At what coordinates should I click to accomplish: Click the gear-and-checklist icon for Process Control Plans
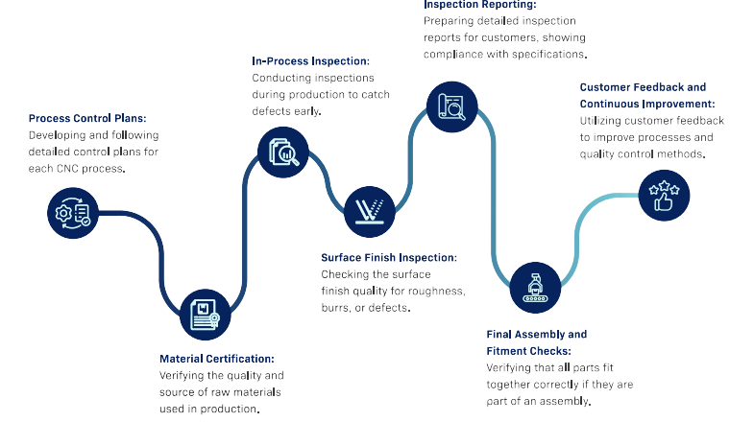74,213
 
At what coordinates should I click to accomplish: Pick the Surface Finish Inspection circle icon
369,212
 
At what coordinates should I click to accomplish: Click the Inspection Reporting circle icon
452,105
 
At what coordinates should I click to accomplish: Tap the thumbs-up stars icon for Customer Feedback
665,195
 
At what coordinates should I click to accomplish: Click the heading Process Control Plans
87,119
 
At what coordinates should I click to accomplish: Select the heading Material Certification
217,359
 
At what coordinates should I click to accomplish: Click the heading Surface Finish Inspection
389,258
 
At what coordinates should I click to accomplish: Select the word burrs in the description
337,309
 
